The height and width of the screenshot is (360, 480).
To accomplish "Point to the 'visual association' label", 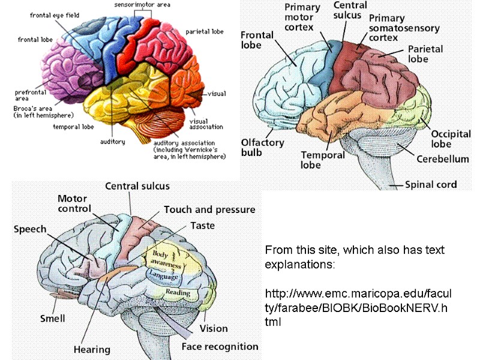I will click(206, 123).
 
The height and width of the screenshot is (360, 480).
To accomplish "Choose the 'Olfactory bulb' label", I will click(262, 147).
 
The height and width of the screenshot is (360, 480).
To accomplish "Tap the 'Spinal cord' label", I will click(431, 185).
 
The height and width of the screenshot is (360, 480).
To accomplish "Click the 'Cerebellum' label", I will click(443, 159).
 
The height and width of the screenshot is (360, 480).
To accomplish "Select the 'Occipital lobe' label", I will click(451, 139).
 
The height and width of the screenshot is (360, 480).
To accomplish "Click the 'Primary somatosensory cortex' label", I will click(404, 28).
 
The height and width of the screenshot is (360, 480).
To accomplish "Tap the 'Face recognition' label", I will click(220, 346).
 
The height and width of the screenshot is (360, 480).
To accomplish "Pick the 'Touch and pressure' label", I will click(209, 210).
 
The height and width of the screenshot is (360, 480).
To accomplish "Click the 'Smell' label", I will click(52, 318).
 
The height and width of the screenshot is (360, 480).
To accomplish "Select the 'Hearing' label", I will click(92, 349).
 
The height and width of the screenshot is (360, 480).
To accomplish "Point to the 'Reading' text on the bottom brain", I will click(178, 293).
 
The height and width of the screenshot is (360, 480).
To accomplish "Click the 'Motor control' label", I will click(73, 204).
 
